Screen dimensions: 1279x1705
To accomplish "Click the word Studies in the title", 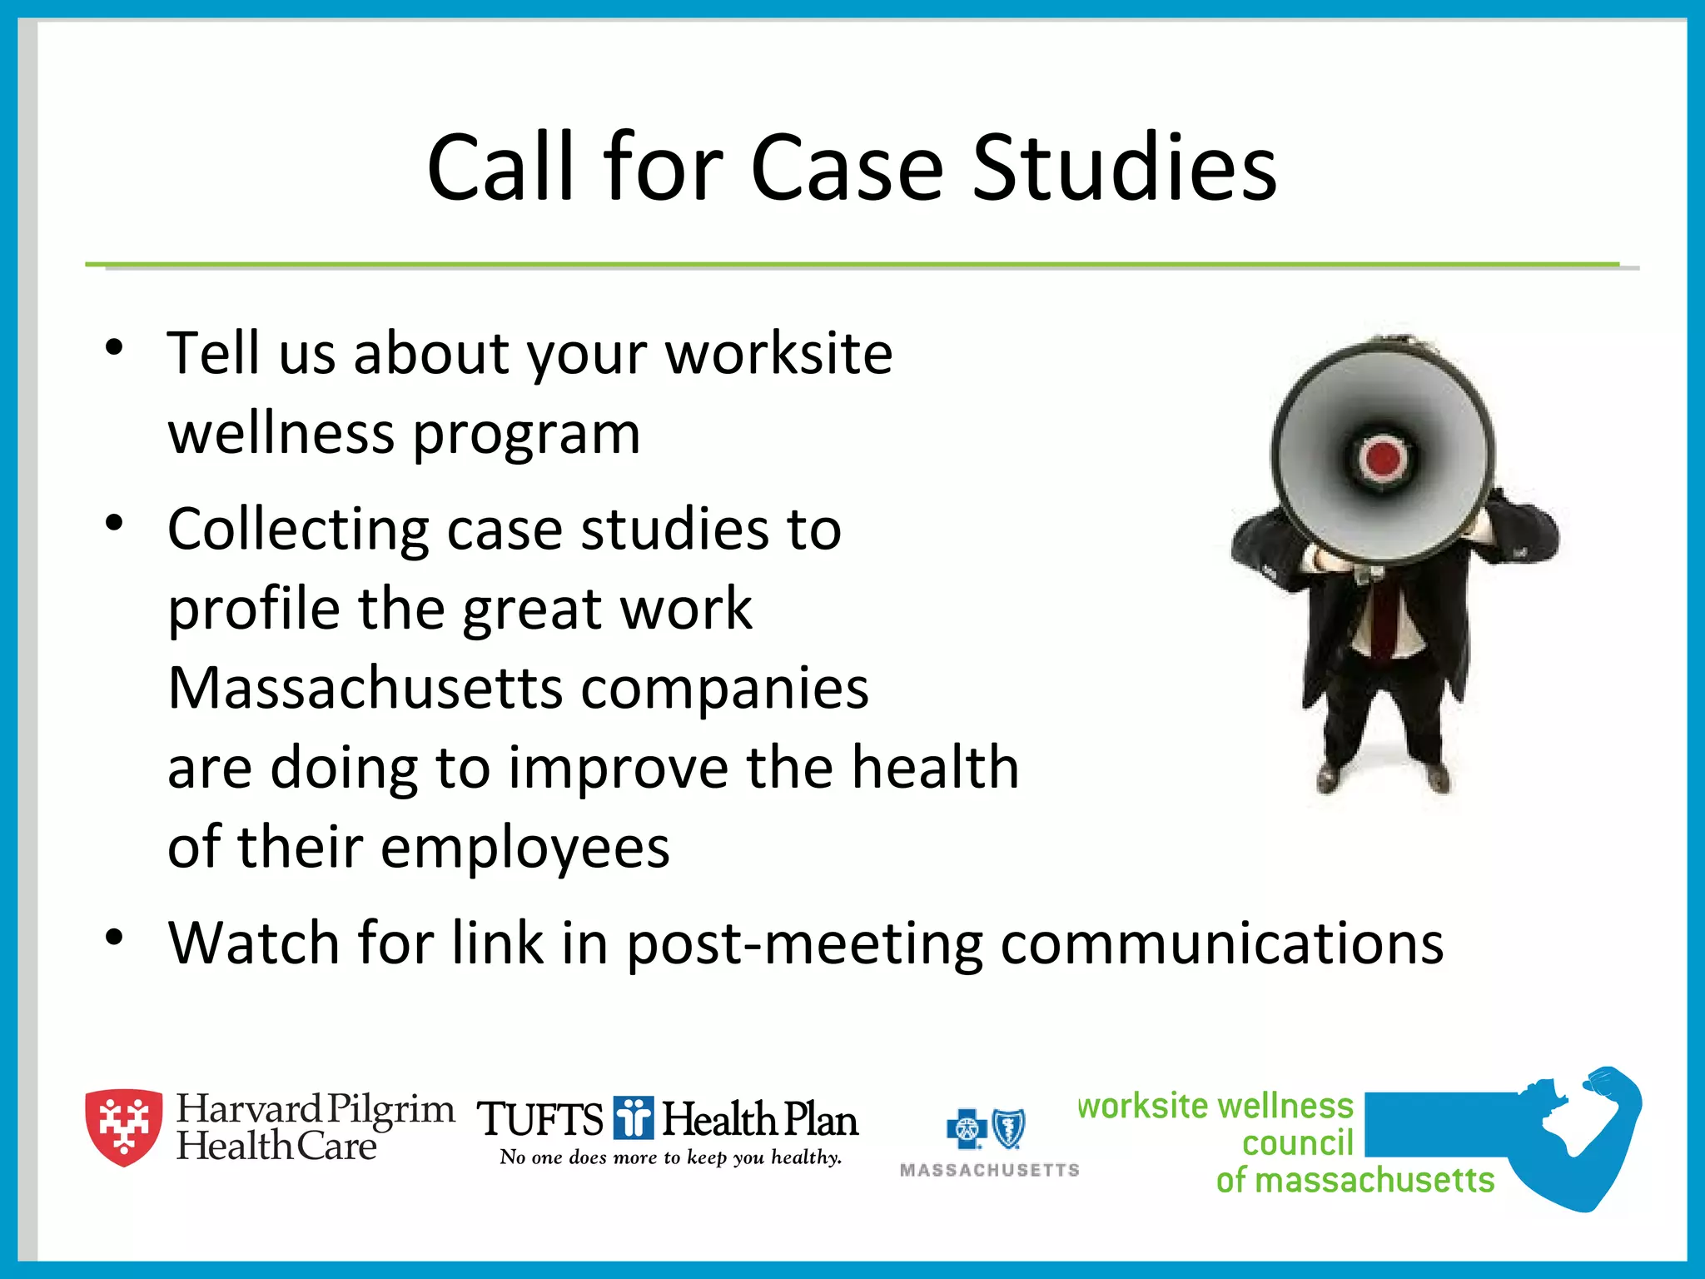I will click(x=1124, y=168).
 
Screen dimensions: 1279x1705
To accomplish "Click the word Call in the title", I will click(x=500, y=168).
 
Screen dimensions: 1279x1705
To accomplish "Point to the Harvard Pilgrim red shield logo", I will click(x=124, y=1126).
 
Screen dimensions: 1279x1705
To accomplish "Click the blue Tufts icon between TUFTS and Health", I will click(x=634, y=1117).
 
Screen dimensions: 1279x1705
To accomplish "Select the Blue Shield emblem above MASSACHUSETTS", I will click(x=1009, y=1129).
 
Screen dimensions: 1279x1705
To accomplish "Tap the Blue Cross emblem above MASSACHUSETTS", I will click(x=967, y=1129).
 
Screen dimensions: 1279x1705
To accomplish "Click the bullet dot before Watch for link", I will click(x=114, y=937).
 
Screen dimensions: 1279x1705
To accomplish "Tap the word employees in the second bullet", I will click(x=524, y=848).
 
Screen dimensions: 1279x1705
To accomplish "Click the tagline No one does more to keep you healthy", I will click(x=670, y=1157).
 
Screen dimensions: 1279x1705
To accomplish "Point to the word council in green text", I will click(x=1297, y=1143).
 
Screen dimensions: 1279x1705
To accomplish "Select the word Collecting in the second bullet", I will click(x=298, y=530).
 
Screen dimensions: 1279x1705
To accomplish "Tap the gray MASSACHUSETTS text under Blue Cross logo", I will click(x=989, y=1170).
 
